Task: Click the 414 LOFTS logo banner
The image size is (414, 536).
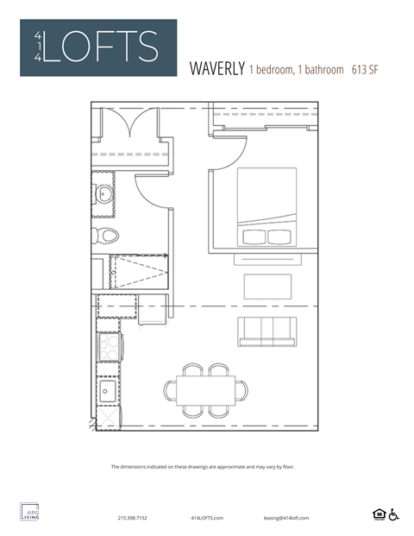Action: (98, 47)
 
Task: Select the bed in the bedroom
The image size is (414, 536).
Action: (266, 207)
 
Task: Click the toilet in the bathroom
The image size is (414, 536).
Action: (108, 234)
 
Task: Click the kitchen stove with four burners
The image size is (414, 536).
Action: (110, 348)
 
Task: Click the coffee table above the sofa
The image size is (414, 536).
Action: (267, 285)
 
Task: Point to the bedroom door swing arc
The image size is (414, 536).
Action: (223, 154)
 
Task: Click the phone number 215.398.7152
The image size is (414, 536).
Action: (132, 518)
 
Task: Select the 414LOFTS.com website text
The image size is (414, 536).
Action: (206, 518)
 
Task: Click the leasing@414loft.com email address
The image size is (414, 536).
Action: (286, 518)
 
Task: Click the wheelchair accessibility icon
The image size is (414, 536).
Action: (394, 514)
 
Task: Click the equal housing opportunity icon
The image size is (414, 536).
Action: (378, 514)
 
